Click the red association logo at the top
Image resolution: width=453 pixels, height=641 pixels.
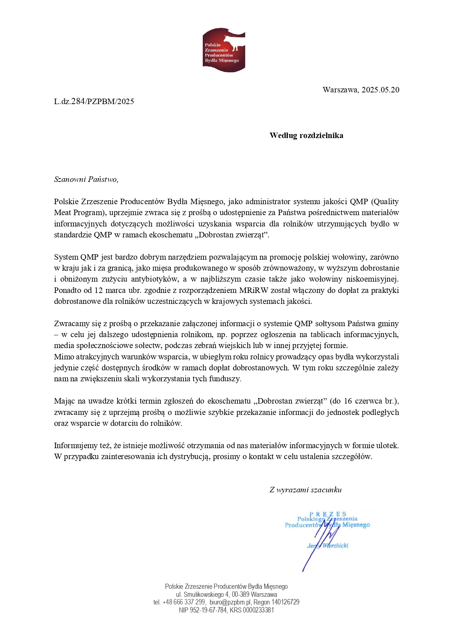tap(224, 50)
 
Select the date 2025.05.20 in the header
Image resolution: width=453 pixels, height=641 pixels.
tap(380, 90)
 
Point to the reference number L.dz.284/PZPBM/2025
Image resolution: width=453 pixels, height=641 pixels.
tap(94, 102)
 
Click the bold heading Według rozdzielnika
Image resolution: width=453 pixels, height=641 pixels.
tap(306, 136)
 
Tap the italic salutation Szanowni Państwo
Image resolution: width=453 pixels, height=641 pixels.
tap(86, 179)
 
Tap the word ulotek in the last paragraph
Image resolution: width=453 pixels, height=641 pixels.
tap(386, 446)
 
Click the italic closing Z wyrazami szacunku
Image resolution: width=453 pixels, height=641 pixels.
tap(305, 490)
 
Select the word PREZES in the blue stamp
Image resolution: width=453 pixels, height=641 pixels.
tap(327, 514)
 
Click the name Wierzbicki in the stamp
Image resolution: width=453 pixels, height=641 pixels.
tap(335, 545)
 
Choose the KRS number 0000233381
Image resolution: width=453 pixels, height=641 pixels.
tap(258, 610)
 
